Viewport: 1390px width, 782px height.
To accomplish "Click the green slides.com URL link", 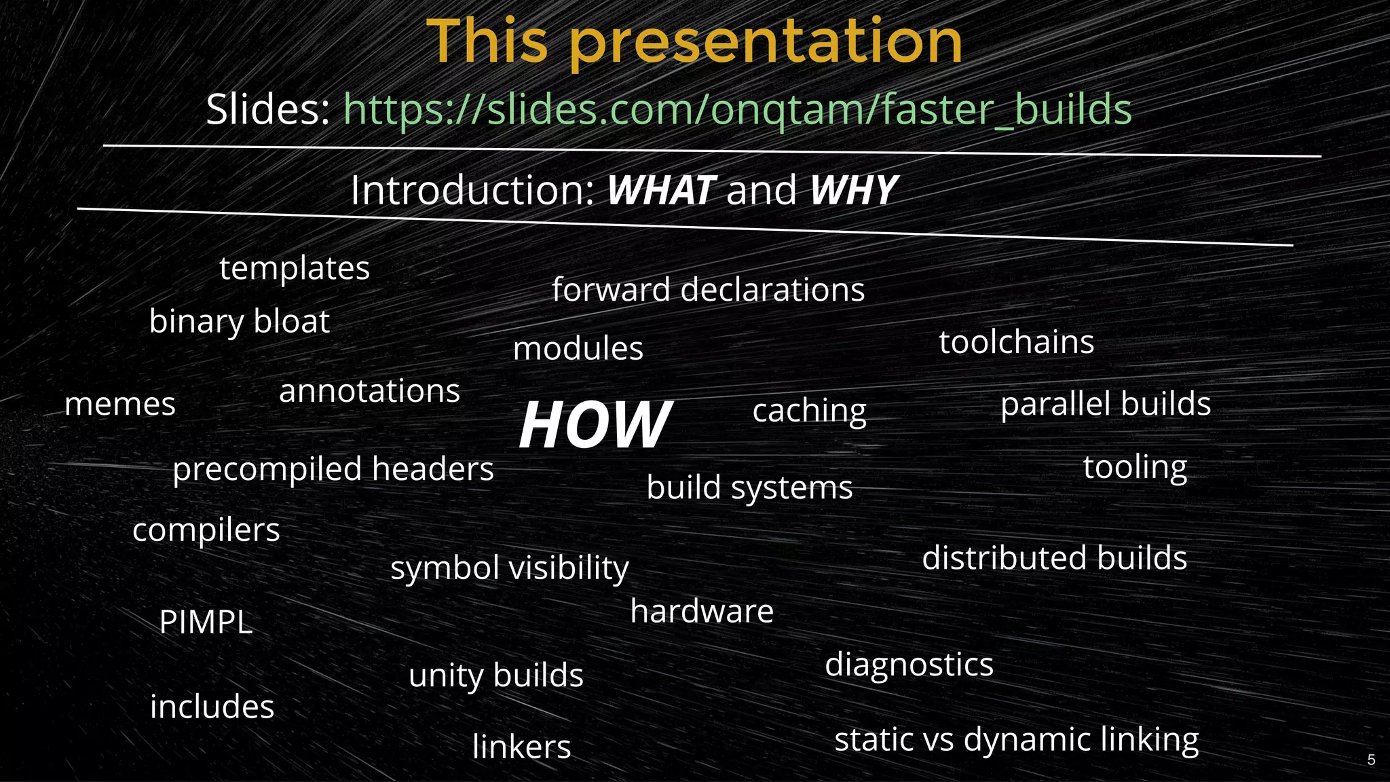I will point(737,110).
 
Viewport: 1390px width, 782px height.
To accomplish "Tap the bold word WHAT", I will point(660,191).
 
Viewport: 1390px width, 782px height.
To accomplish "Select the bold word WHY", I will point(853,191).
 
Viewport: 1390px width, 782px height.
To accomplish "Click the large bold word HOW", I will point(595,425).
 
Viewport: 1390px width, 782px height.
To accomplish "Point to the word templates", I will point(295,269).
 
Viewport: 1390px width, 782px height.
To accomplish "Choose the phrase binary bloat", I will point(239,321).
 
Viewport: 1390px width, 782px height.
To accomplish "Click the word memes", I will point(120,405).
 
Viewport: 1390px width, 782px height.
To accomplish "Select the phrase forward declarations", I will point(708,290).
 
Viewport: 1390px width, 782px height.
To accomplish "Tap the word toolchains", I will point(1016,342).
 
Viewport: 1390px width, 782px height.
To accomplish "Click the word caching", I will point(809,411).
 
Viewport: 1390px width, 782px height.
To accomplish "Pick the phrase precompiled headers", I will point(333,470).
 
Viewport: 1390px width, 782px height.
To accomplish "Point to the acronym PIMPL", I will point(206,622).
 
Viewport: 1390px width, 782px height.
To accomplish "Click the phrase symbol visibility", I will point(509,568).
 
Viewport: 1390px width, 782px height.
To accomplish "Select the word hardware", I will point(702,612).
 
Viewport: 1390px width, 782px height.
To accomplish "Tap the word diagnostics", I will point(909,665).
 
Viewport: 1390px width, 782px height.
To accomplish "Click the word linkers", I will point(521,747).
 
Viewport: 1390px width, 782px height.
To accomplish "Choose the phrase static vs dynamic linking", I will point(1016,740).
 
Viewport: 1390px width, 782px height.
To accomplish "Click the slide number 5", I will point(1371,760).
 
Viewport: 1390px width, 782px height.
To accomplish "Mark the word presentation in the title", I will point(766,42).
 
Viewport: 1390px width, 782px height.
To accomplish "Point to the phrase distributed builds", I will point(1054,559).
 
